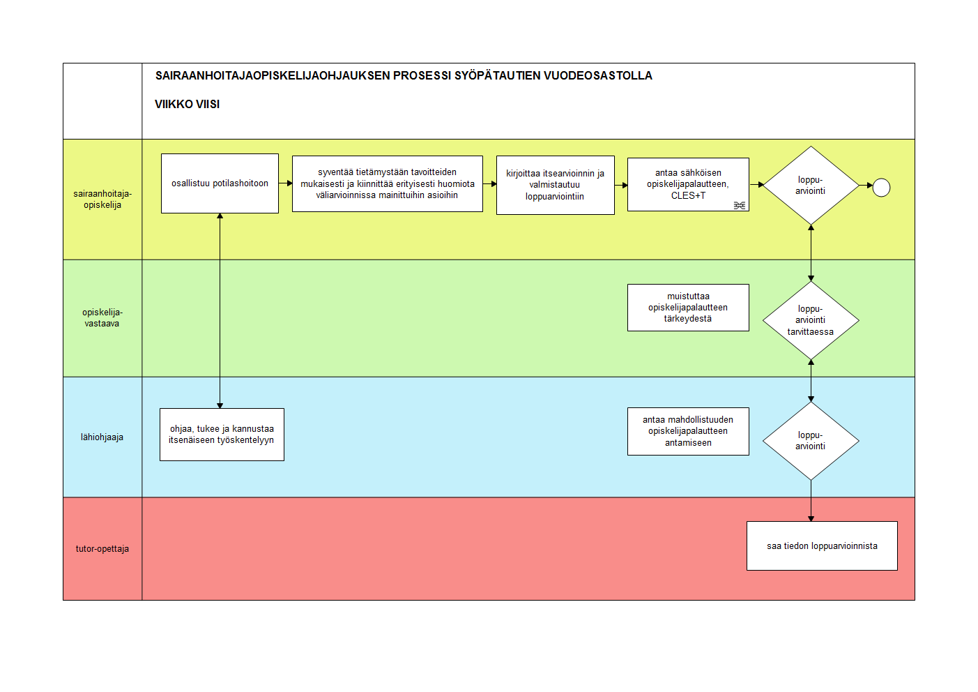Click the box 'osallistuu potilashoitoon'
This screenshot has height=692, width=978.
220,183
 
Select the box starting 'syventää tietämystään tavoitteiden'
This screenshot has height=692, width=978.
388,184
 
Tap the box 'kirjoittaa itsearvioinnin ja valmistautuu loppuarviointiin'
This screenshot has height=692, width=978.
556,186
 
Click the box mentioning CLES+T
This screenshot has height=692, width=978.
688,185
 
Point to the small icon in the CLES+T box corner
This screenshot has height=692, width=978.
739,205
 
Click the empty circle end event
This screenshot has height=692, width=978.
881,188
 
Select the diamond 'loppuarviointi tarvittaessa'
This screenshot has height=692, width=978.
811,320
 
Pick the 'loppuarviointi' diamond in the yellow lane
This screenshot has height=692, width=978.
811,186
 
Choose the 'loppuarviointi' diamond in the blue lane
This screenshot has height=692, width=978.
811,441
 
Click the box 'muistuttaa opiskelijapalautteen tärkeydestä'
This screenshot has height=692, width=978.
688,308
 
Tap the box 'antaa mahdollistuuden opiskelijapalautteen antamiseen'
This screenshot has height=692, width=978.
688,432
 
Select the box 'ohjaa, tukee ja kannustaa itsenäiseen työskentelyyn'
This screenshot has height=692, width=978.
222,435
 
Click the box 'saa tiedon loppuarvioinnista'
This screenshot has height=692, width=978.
822,546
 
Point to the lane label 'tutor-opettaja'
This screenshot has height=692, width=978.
102,549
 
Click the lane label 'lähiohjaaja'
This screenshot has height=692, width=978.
102,437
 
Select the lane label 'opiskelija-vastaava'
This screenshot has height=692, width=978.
102,318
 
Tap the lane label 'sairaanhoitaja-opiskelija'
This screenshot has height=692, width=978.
102,200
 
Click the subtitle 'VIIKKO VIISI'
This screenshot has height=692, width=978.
188,105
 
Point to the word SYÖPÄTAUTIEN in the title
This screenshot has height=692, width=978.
497,75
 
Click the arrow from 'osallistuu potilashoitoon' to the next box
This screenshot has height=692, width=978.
286,183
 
